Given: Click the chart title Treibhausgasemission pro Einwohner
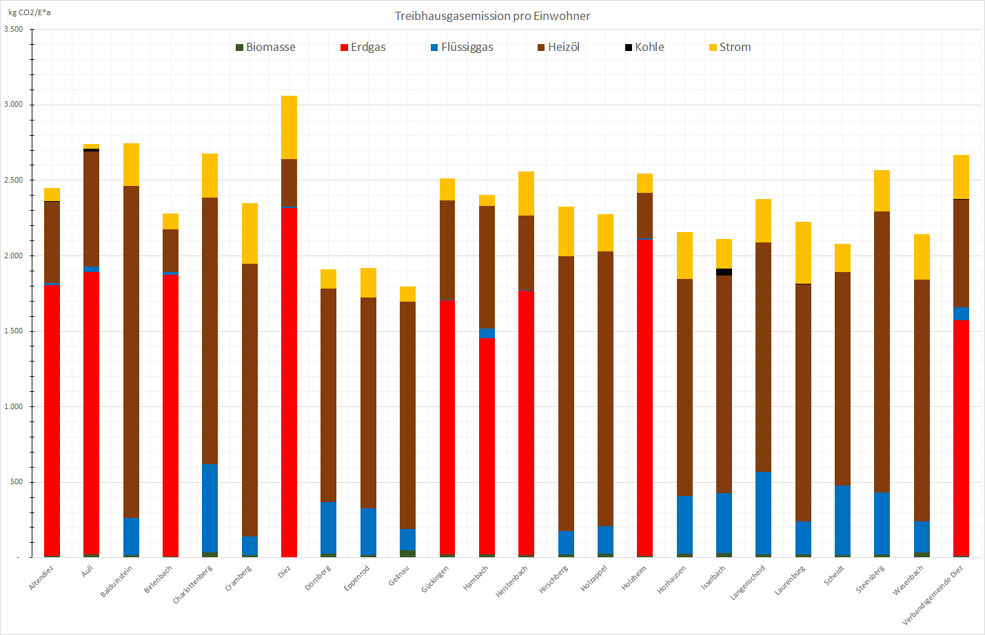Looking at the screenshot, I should tap(492, 16).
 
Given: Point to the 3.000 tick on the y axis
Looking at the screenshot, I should tap(14, 105).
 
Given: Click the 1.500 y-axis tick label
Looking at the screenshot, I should tap(14, 331).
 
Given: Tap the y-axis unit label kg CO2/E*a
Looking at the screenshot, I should tap(30, 12).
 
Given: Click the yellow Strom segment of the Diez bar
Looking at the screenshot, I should tap(289, 127).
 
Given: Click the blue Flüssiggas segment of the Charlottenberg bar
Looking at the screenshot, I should tap(210, 508).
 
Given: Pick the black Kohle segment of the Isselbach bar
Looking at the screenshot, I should tap(724, 272).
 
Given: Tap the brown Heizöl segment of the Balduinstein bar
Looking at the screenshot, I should tap(131, 351).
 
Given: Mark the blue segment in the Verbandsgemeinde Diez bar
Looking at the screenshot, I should tap(961, 313).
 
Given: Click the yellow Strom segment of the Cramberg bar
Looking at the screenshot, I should tap(250, 233).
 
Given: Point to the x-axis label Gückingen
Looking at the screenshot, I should tap(436, 579).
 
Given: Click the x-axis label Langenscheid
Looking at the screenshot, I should tap(748, 582).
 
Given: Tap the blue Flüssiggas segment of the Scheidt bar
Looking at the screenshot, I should tap(842, 520).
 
